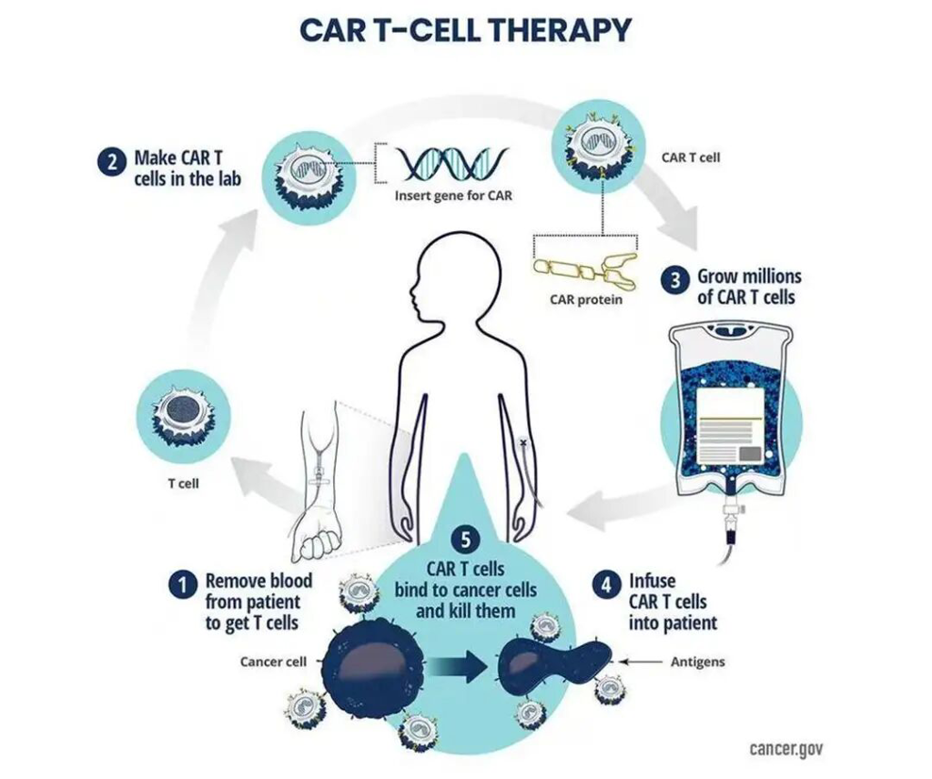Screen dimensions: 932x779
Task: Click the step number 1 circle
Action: (x=182, y=585)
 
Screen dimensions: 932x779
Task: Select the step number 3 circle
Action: (x=674, y=280)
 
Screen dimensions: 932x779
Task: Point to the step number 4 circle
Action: (x=605, y=585)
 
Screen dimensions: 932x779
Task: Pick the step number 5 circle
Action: (x=465, y=540)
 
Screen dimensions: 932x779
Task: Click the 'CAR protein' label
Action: (x=585, y=299)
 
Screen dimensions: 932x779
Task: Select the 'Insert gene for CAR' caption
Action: (x=453, y=196)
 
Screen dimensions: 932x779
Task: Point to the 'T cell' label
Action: (x=183, y=483)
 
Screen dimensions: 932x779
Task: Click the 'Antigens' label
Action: (x=698, y=662)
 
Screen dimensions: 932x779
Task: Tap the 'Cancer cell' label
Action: (x=273, y=662)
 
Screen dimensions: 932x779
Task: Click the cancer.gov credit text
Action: (x=786, y=748)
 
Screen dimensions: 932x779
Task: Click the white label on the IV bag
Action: (x=730, y=426)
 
